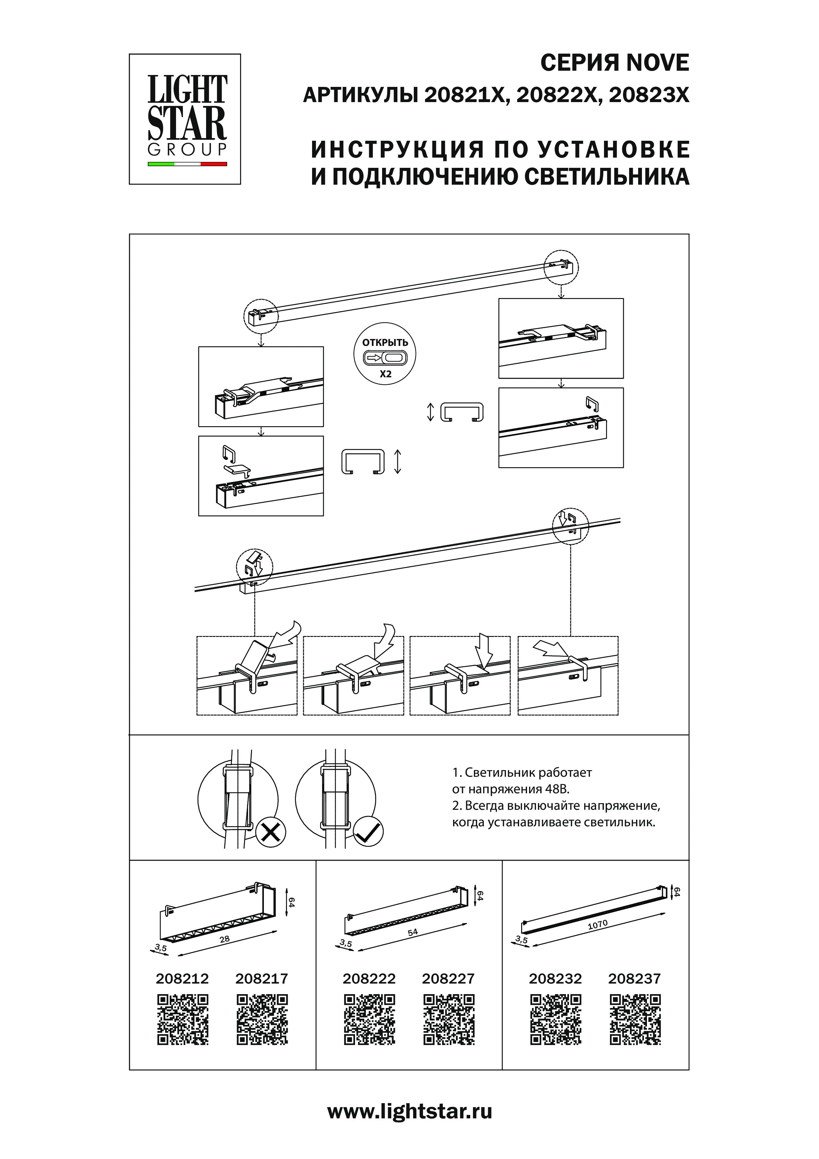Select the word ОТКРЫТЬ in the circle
385,342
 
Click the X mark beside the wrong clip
271,832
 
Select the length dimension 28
225,939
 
